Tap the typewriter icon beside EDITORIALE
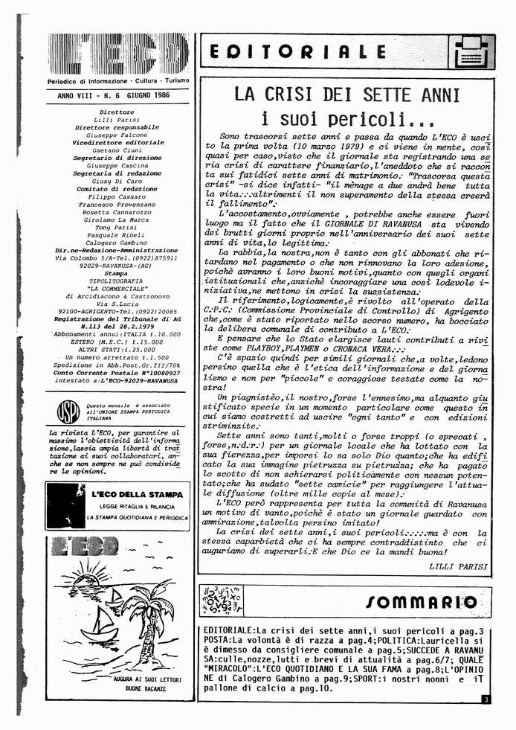pyautogui.click(x=466, y=52)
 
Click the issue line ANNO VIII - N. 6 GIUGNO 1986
pyautogui.click(x=113, y=96)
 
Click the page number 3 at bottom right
pyautogui.click(x=484, y=699)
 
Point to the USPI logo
pyautogui.click(x=68, y=411)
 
